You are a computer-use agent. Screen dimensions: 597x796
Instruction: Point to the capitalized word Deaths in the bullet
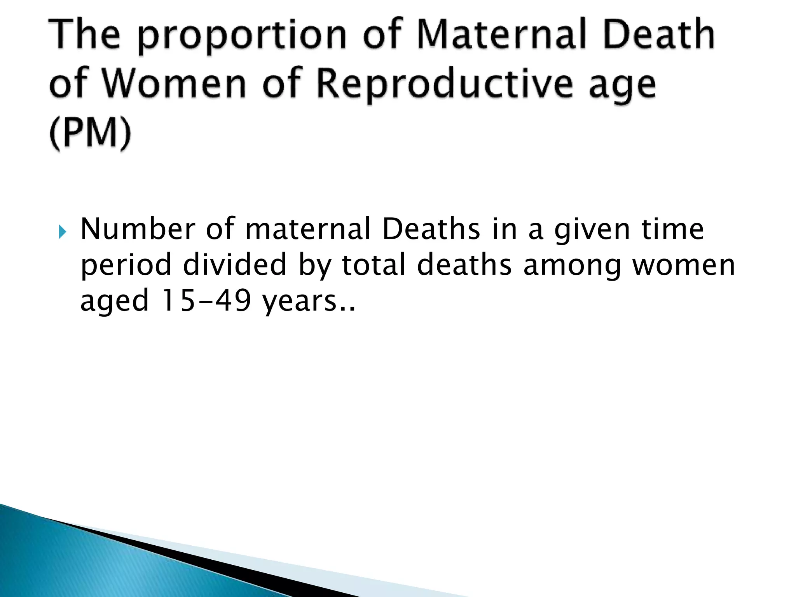pos(431,229)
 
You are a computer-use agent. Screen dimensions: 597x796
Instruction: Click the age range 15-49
pos(206,301)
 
